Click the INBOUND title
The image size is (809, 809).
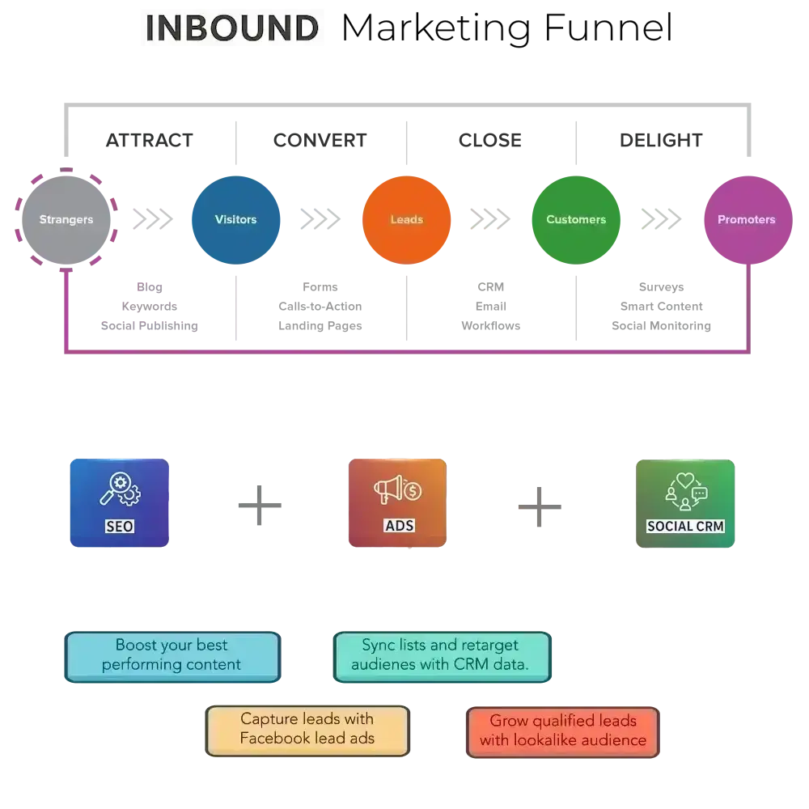click(x=232, y=29)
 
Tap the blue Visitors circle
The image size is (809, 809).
click(x=235, y=219)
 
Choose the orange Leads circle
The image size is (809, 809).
click(x=406, y=219)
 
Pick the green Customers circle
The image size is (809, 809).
click(x=576, y=219)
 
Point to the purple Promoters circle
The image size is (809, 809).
click(x=746, y=219)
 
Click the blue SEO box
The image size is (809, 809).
click(x=120, y=504)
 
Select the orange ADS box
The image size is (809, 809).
click(x=397, y=504)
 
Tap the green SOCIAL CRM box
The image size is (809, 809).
click(x=685, y=504)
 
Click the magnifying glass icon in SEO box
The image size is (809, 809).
click(x=114, y=488)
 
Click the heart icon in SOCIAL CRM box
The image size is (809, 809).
click(x=685, y=481)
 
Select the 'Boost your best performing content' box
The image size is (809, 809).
click(x=172, y=655)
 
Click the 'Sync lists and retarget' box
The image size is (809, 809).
click(x=441, y=655)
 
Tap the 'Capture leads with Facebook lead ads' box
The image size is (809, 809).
click(x=307, y=729)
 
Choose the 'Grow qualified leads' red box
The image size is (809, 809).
click(x=563, y=731)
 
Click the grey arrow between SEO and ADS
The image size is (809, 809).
click(x=287, y=507)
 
